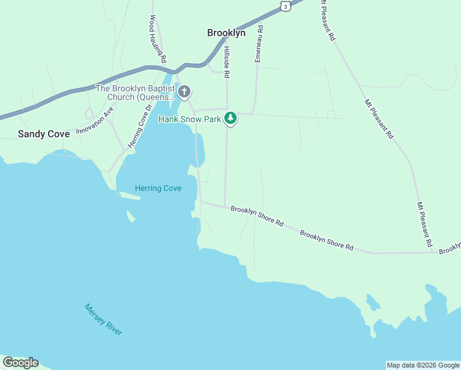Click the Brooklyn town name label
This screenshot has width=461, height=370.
point(226,33)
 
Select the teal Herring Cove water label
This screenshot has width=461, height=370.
point(158,188)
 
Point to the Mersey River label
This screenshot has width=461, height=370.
point(104,319)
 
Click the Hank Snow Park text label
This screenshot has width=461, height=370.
point(189,118)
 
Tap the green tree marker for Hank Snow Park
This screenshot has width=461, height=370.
point(230,117)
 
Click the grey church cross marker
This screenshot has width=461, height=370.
point(184,92)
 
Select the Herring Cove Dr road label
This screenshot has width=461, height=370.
point(140,126)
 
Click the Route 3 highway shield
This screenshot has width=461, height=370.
point(284,5)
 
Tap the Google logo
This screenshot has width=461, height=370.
point(20,363)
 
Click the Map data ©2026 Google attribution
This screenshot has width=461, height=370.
point(423,365)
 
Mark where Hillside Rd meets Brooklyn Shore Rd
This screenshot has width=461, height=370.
point(225,207)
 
